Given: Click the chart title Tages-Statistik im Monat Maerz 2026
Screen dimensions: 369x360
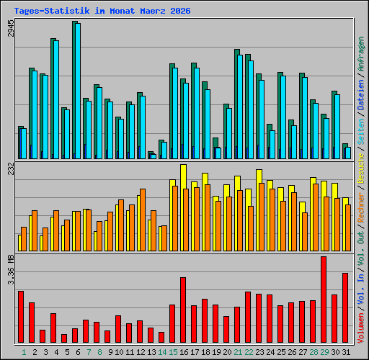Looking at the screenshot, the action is click(102, 11).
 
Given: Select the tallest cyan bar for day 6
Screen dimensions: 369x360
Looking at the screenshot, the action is click(78, 91).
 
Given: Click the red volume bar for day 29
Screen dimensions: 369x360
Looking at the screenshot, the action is click(324, 300).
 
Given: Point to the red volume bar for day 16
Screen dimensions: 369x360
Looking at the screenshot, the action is click(183, 310).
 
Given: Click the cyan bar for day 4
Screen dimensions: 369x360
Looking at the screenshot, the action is click(56, 99).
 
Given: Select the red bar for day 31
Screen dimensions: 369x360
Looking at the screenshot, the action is click(345, 307).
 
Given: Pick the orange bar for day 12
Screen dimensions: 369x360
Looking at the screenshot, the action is click(143, 220).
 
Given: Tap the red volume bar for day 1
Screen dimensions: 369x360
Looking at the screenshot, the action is click(21, 317).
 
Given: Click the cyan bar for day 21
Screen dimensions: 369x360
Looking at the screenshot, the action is click(240, 107).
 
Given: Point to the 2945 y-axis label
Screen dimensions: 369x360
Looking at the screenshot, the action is click(11, 28).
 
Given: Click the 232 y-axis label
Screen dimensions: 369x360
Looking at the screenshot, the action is click(11, 168).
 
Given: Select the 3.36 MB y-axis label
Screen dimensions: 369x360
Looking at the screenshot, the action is click(11, 269).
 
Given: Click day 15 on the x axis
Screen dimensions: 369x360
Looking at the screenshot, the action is click(173, 352).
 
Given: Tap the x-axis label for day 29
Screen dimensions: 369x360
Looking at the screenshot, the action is click(324, 352).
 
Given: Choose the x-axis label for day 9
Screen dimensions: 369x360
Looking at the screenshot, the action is click(110, 352).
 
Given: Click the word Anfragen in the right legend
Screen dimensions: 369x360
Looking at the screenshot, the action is click(361, 54).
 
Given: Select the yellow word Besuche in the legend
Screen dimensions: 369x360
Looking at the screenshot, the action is click(361, 168).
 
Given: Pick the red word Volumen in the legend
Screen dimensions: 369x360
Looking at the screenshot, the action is click(361, 328).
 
